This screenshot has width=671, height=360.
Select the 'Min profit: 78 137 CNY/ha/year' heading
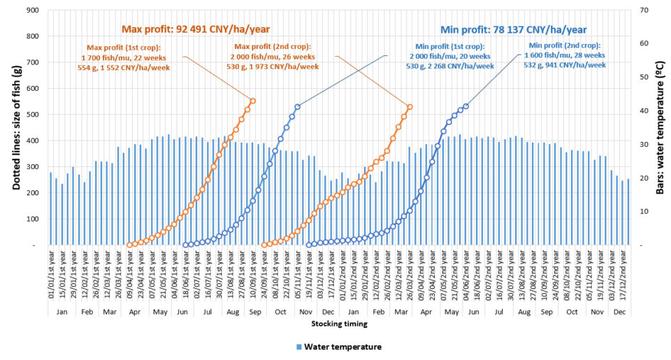[x=513, y=29]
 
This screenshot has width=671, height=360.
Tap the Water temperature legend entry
[x=339, y=346]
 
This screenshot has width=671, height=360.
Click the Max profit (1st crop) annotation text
[x=123, y=57]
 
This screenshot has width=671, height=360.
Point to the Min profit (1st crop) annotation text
[x=450, y=56]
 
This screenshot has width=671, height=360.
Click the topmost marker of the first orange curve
[x=253, y=101]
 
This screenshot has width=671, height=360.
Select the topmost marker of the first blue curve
[x=298, y=107]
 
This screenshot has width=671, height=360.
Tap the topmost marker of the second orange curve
[x=410, y=107]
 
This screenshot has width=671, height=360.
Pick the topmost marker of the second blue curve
[x=466, y=106]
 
